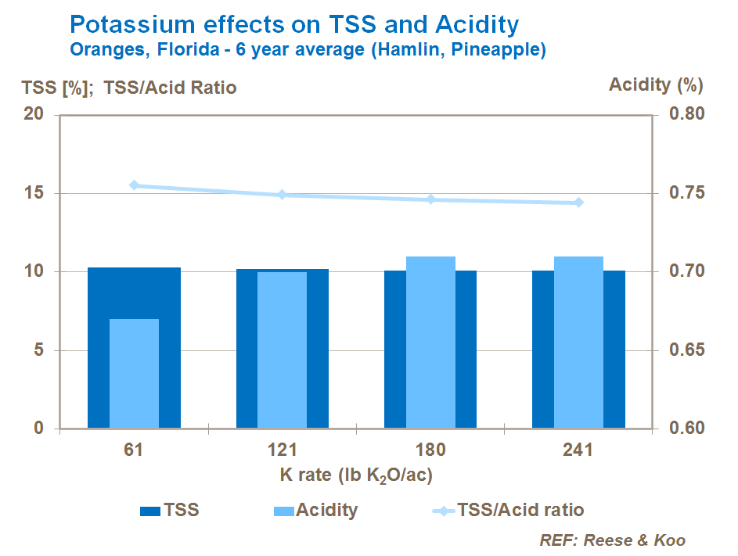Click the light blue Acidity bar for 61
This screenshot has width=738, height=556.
(x=134, y=374)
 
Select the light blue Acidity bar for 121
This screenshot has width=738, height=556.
(x=283, y=350)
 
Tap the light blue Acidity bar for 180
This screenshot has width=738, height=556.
(x=430, y=343)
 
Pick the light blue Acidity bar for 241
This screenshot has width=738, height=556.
(x=578, y=343)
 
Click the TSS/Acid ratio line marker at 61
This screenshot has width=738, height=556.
(x=134, y=185)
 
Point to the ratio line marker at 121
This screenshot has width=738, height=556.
(x=283, y=195)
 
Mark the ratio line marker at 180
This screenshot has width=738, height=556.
(x=430, y=199)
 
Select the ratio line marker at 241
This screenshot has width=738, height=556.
(x=578, y=203)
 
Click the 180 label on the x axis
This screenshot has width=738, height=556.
(x=430, y=450)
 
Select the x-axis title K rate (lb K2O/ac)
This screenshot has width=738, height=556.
(x=356, y=475)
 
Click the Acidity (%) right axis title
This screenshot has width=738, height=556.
(x=656, y=84)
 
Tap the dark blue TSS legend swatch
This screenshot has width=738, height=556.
(x=150, y=511)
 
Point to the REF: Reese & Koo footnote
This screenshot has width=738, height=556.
(x=612, y=540)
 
